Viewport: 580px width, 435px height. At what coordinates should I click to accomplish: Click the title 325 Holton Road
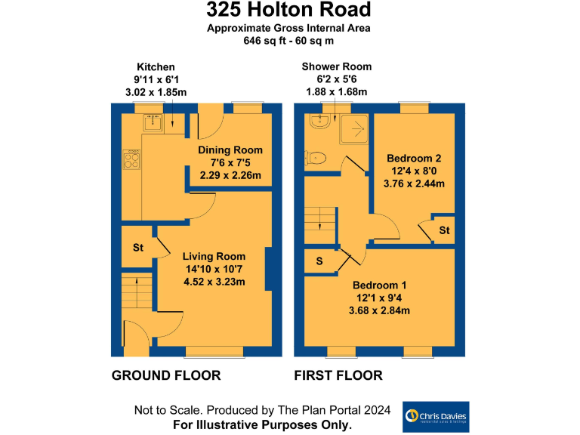point(289,11)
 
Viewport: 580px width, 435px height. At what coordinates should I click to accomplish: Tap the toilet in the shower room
point(316,157)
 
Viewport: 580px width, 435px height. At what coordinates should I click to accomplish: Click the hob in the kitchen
point(131,159)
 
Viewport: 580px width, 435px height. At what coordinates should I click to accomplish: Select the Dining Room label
point(230,150)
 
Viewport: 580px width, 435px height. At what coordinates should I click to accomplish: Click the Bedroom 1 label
point(379,285)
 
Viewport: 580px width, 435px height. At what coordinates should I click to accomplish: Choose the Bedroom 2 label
point(414,159)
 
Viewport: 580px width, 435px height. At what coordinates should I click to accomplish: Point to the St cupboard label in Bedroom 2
point(444,230)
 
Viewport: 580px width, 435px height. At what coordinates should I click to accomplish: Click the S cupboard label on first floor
point(319,261)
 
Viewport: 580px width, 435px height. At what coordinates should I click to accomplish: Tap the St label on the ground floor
point(138,248)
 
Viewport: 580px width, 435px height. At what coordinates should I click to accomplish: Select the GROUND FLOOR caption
point(166,375)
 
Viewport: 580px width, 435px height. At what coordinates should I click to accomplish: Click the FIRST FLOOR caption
point(338,375)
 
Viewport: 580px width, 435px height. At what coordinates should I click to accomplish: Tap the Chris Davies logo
point(436,416)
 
